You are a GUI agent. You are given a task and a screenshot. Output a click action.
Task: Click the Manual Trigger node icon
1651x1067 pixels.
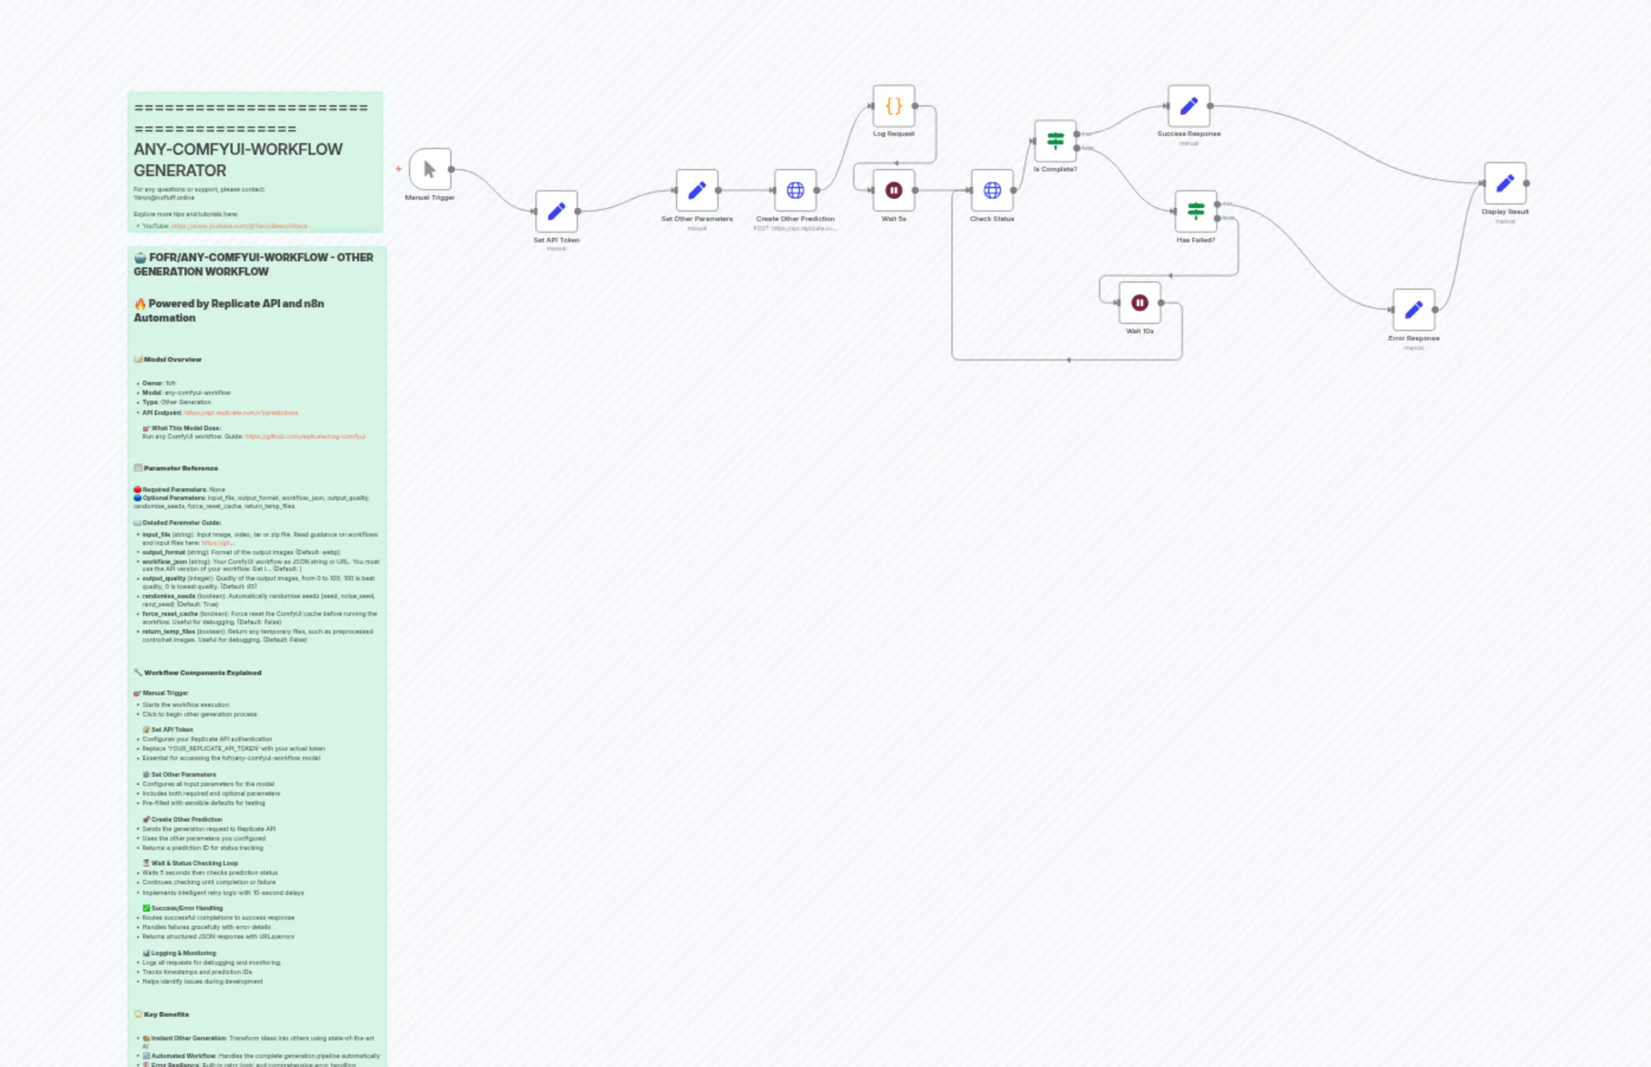point(430,169)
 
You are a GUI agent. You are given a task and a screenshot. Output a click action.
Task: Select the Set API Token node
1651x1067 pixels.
point(556,211)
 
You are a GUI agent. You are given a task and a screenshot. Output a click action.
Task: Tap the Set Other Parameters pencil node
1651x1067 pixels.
point(697,190)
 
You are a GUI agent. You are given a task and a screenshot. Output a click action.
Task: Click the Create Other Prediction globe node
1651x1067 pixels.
point(795,190)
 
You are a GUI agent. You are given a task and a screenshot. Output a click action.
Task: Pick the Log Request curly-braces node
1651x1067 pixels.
point(893,106)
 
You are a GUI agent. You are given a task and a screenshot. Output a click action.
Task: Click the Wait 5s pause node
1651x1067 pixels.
point(893,190)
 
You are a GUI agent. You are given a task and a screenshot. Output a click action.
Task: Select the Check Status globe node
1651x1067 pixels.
point(992,190)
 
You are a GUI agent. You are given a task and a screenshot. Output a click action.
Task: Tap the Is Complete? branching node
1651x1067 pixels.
point(1055,141)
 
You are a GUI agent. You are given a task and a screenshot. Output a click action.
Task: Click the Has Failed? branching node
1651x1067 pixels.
point(1195,211)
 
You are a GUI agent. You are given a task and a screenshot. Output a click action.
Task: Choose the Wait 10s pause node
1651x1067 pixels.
point(1139,303)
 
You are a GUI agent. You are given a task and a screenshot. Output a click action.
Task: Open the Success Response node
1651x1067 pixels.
point(1188,106)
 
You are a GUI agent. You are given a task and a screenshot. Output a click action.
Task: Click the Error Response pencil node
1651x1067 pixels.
point(1413,310)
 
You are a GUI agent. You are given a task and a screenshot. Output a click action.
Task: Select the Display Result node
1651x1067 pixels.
point(1505,183)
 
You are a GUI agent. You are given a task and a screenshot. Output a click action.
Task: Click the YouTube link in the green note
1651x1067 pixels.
point(239,226)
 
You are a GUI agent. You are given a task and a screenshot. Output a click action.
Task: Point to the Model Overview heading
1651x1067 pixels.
point(173,359)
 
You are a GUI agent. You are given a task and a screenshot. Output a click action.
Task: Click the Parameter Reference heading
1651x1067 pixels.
point(181,468)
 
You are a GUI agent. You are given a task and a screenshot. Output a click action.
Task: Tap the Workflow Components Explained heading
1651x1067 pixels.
point(202,673)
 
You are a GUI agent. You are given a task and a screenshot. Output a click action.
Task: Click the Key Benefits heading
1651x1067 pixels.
point(166,1014)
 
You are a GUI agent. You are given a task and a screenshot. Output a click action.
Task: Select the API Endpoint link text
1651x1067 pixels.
point(241,413)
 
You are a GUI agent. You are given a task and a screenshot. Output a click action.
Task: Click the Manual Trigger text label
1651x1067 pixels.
point(430,198)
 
